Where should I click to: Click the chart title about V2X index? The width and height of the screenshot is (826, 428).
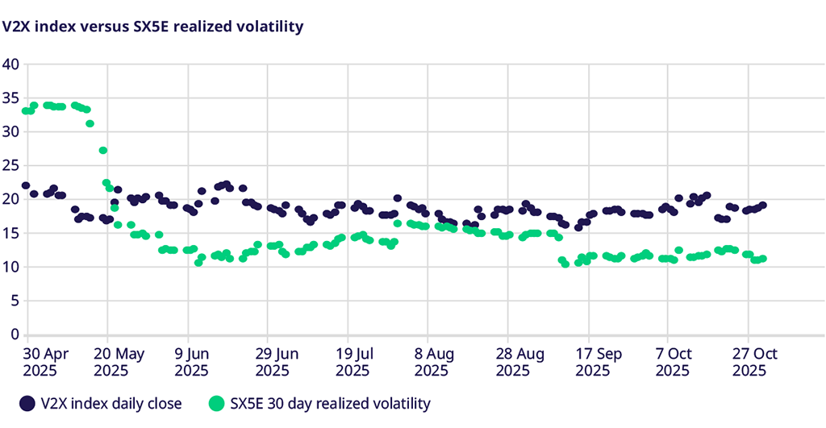click(x=152, y=27)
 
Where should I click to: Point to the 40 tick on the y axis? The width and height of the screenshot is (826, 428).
click(x=10, y=64)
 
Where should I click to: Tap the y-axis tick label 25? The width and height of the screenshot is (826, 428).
click(x=10, y=166)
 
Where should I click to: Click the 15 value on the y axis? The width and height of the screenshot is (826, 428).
click(x=10, y=233)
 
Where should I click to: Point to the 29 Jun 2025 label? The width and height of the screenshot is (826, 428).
click(x=277, y=362)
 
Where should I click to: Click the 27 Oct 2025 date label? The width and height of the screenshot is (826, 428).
click(x=753, y=362)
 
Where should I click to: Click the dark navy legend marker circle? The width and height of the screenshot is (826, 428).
click(x=27, y=403)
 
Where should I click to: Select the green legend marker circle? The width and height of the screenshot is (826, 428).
click(x=216, y=403)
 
